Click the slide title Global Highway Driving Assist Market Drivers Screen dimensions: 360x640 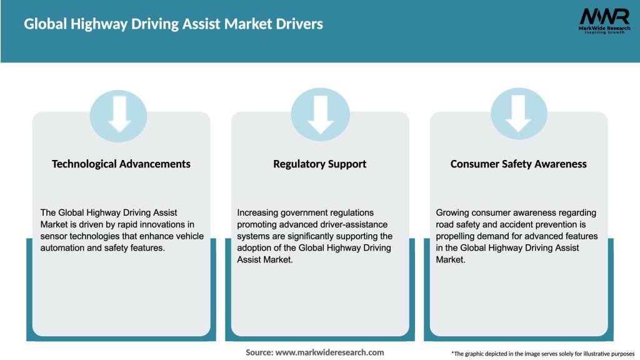pyautogui.click(x=173, y=24)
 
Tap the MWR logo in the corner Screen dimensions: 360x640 pyautogui.click(x=604, y=16)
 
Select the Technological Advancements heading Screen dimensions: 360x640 pyautogui.click(x=121, y=164)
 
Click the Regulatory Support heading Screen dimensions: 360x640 pyautogui.click(x=320, y=164)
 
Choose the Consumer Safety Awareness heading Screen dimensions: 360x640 pyautogui.click(x=519, y=164)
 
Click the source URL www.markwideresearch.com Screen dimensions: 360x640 pyautogui.click(x=330, y=352)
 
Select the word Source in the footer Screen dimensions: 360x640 pyautogui.click(x=259, y=352)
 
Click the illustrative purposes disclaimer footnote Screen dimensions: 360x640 pyautogui.click(x=542, y=354)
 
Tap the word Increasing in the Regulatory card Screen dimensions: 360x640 pyautogui.click(x=259, y=213)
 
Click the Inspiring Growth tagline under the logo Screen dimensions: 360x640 pyautogui.click(x=604, y=32)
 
